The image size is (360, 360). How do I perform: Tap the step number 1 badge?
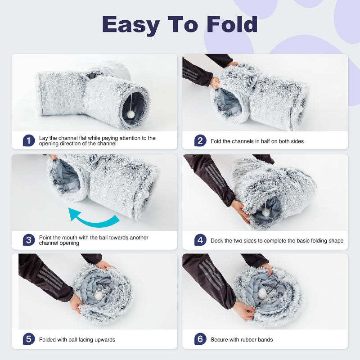click(x=28, y=140)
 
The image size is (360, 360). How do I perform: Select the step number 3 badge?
click(x=28, y=240)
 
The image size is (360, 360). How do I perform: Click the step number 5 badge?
click(x=28, y=339)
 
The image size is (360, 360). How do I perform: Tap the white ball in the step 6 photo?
click(x=262, y=293)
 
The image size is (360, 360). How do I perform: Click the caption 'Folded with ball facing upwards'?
click(x=77, y=340)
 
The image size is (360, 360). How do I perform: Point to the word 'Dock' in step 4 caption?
click(x=218, y=241)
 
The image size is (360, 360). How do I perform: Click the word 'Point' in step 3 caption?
click(x=46, y=237)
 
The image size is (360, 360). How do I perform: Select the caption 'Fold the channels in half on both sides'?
click(x=257, y=141)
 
